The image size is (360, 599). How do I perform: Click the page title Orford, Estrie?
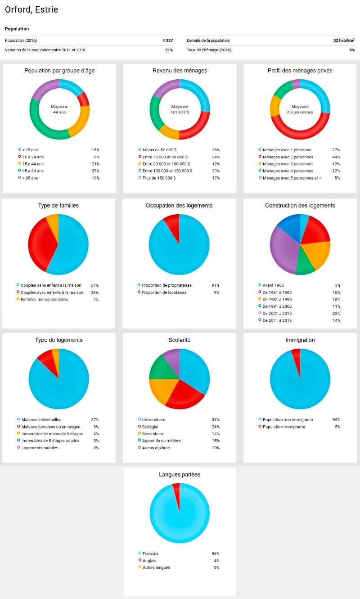pyautogui.click(x=31, y=9)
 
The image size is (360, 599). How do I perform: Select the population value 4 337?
pyautogui.click(x=167, y=41)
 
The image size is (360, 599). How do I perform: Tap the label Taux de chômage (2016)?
pyautogui.click(x=209, y=50)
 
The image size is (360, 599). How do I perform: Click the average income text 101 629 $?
pyautogui.click(x=179, y=113)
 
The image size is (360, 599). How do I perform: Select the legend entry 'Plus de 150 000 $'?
pyautogui.click(x=158, y=178)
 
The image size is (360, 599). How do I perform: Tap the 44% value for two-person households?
pyautogui.click(x=336, y=157)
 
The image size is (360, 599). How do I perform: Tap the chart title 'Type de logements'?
pyautogui.click(x=59, y=340)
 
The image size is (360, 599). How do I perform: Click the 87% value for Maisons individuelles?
pyautogui.click(x=95, y=420)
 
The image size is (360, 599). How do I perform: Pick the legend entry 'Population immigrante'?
pyautogui.click(x=283, y=427)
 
